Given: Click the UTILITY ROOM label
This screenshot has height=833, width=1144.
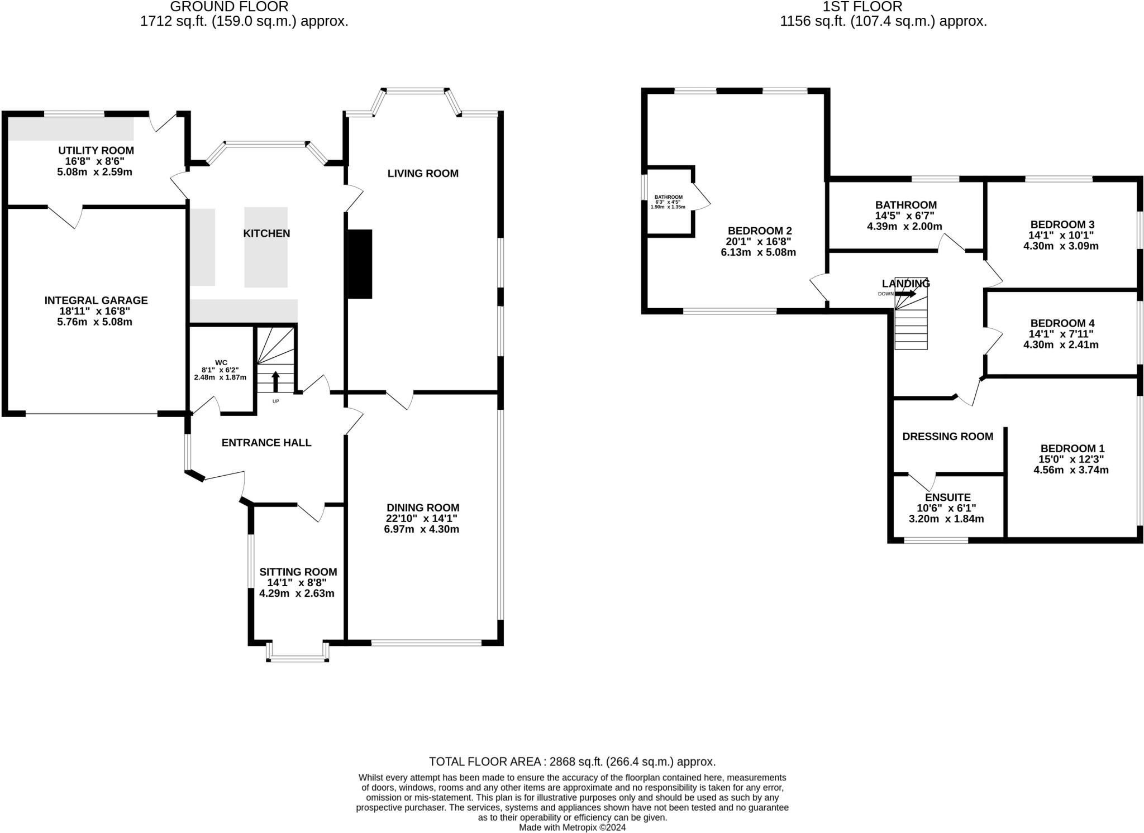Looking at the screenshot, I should (x=96, y=150).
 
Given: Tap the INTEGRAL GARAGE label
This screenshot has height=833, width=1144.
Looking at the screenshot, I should (x=96, y=300).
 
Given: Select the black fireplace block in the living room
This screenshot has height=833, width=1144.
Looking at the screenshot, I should (x=360, y=264).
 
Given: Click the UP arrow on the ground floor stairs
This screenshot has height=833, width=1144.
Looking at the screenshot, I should (x=275, y=381).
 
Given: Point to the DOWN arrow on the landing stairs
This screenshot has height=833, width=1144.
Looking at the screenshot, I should (x=905, y=293).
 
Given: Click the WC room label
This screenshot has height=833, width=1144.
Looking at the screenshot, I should (x=221, y=362).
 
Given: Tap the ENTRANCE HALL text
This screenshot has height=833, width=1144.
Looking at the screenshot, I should (x=266, y=443).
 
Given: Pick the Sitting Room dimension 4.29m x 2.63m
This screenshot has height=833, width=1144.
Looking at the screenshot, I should (x=297, y=593).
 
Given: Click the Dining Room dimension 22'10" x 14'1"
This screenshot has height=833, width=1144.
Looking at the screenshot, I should (x=422, y=518).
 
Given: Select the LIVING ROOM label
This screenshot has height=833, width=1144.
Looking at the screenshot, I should (x=423, y=174).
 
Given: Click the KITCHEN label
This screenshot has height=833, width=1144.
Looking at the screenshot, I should (x=266, y=233).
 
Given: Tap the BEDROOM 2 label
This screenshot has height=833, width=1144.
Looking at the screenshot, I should (x=759, y=231).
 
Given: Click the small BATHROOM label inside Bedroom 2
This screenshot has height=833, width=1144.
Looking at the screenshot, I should (x=668, y=197).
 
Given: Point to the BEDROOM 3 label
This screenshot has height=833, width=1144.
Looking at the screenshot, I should (x=1062, y=224).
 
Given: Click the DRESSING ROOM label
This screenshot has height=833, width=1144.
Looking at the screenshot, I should (x=947, y=437).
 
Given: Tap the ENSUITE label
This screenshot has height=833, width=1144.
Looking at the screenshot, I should (x=947, y=497).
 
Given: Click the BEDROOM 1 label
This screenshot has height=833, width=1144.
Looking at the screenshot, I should (x=1072, y=448).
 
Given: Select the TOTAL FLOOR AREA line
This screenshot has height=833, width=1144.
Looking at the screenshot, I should (x=571, y=762).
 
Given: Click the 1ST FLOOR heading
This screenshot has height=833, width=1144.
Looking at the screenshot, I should (x=862, y=7).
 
